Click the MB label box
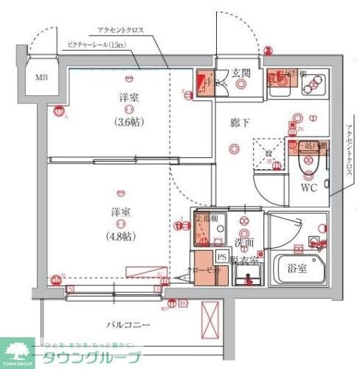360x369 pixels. point(41,76)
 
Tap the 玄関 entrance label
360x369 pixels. point(240,72)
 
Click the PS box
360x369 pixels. point(221,257)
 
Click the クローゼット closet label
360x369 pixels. point(204,271)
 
